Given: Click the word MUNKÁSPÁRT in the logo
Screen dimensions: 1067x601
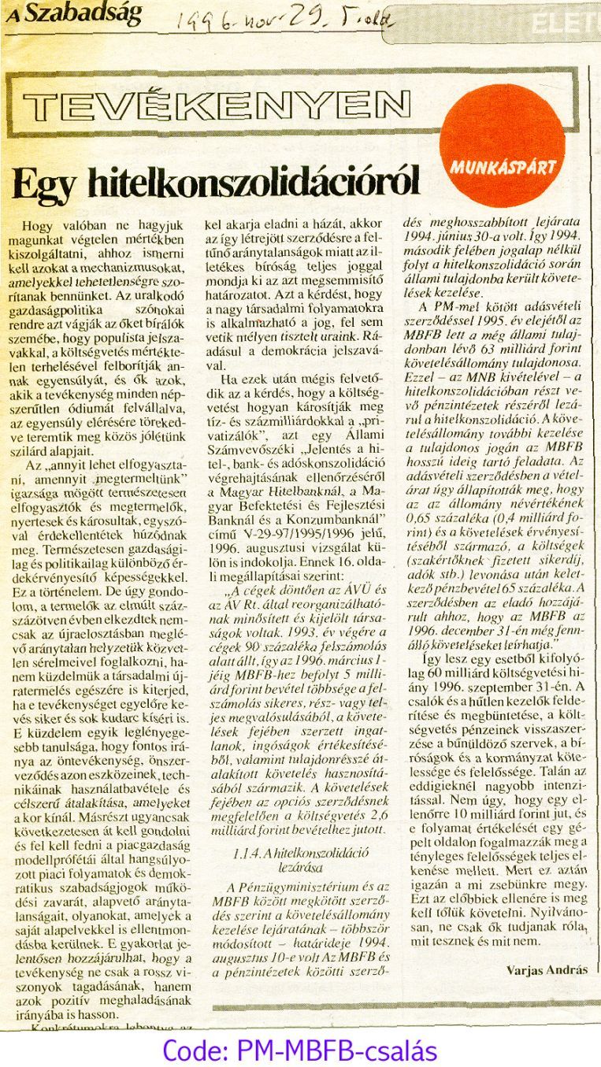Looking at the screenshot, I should [x=504, y=166].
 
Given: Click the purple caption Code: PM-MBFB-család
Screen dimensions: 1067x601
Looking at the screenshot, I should [x=299, y=1050].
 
